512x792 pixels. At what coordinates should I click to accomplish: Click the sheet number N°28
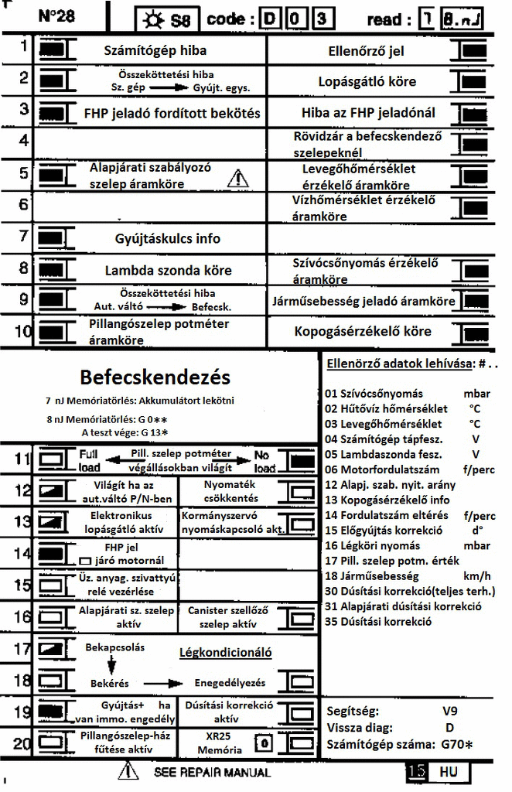coord(56,15)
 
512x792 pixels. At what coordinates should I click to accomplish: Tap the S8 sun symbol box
coord(163,19)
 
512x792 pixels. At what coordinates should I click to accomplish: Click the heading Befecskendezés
coord(155,377)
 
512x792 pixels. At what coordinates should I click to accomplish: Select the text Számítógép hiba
coord(155,52)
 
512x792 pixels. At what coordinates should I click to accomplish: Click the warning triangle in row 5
coord(239,179)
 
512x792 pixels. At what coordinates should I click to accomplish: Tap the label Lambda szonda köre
coord(168,271)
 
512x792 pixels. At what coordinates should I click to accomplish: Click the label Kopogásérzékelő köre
coord(363,331)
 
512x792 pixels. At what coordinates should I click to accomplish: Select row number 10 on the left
coord(22,332)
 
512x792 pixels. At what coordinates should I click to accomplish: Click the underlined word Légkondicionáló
coord(225,653)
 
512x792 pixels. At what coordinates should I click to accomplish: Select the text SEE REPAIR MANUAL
coord(212,772)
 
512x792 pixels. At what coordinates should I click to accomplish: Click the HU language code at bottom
coord(449,772)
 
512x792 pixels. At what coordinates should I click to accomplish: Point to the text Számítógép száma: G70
coord(400,744)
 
